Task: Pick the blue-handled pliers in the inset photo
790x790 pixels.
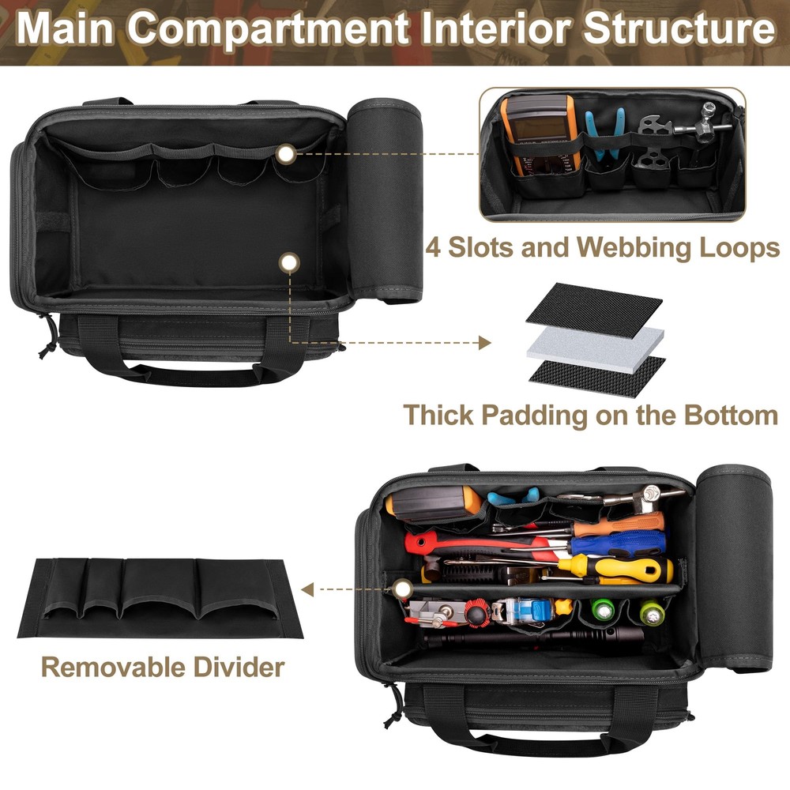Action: coord(604,134)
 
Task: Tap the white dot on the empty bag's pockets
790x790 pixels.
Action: coord(287,154)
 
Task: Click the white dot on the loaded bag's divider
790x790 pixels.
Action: coord(403,588)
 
